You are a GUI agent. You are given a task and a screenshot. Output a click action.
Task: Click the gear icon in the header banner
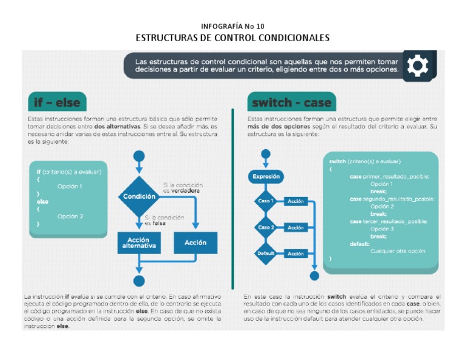click(417, 65)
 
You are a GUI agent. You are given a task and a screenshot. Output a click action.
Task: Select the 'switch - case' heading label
click(291, 102)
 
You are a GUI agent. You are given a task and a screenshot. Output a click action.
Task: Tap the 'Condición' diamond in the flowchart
click(139, 196)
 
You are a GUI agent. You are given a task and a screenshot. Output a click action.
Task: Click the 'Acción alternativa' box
click(139, 243)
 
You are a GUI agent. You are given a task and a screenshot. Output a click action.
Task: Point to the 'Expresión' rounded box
click(266, 176)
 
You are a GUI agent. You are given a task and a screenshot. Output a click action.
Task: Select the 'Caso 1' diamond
click(265, 201)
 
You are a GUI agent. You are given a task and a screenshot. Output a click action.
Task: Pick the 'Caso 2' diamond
click(265, 227)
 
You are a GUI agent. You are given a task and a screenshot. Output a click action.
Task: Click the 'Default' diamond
click(265, 253)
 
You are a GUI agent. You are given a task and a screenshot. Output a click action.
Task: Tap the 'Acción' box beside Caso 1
click(296, 201)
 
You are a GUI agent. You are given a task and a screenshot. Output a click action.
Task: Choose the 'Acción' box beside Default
click(296, 254)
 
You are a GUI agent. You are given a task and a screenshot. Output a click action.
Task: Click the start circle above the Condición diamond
click(139, 157)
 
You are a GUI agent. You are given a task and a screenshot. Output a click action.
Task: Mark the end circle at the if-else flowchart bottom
click(139, 281)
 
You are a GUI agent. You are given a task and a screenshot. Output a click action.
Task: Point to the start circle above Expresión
click(266, 154)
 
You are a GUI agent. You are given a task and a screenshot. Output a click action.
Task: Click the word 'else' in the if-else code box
click(42, 201)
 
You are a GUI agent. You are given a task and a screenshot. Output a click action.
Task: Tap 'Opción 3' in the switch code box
click(382, 229)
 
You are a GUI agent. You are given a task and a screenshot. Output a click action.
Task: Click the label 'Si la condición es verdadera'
click(182, 188)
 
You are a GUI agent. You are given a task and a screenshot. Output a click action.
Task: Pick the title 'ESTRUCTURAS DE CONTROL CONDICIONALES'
click(232, 38)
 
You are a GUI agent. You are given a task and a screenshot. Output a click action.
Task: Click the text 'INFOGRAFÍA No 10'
click(232, 26)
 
